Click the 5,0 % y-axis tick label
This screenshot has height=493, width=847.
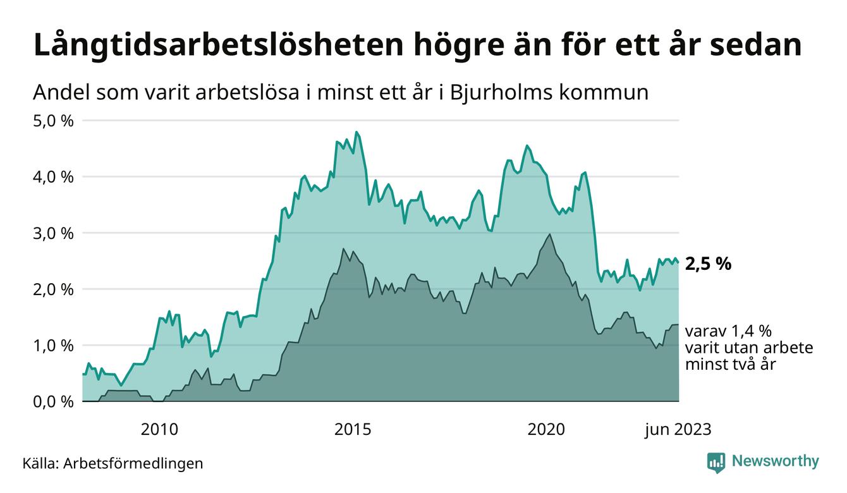[52, 120]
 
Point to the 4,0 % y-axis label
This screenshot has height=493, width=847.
[52, 176]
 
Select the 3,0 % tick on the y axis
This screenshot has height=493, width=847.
[52, 233]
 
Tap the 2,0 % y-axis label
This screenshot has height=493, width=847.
[52, 289]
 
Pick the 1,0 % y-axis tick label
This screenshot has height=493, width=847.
[52, 345]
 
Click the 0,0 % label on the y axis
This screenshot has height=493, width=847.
[52, 401]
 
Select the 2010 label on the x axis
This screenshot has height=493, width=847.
[159, 430]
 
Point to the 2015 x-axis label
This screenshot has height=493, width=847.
[353, 430]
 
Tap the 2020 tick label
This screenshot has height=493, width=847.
[546, 430]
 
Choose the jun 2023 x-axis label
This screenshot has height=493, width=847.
[678, 430]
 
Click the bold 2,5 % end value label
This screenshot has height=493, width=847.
[707, 264]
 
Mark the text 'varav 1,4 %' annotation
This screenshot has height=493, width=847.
[729, 331]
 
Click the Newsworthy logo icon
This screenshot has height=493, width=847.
[716, 462]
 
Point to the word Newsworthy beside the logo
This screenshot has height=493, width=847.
[775, 461]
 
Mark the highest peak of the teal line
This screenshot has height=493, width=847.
[357, 132]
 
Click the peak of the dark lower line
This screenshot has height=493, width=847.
[550, 234]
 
